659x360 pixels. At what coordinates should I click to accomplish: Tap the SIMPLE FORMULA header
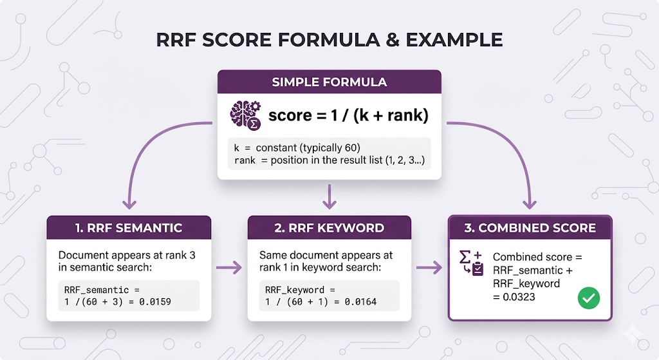(x=329, y=82)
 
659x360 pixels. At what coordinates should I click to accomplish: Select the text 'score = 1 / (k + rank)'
(x=348, y=116)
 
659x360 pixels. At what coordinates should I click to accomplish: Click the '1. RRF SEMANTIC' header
(x=129, y=228)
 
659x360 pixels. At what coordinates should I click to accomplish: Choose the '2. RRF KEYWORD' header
(x=329, y=228)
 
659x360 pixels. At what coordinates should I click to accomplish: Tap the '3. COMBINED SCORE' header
(x=530, y=228)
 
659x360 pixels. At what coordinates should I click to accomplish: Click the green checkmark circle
(x=588, y=298)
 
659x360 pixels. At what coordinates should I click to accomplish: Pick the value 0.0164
(x=360, y=301)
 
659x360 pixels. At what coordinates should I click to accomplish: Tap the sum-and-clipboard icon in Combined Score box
(x=471, y=262)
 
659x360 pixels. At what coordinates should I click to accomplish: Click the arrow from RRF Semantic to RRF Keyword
(x=229, y=266)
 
